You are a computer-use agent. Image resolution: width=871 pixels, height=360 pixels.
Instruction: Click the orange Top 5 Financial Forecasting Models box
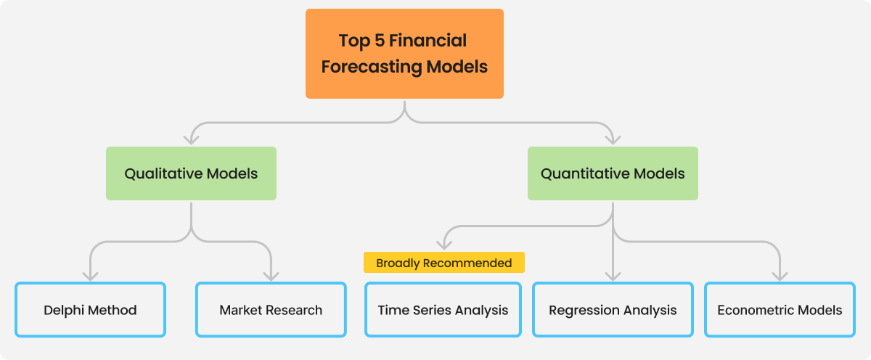pos(404,54)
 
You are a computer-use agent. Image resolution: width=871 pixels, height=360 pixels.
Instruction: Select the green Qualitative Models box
pos(191,173)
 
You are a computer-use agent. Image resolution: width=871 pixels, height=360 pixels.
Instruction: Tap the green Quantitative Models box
pos(613,173)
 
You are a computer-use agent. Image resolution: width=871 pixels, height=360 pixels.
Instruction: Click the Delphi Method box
pos(90,310)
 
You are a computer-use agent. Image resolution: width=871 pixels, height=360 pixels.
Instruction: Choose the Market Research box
pos(271,310)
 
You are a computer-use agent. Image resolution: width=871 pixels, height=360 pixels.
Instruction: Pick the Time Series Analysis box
pos(443,310)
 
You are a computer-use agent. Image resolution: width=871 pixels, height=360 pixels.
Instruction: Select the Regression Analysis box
pos(613,310)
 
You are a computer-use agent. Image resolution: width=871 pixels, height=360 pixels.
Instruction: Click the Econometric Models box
pos(780,310)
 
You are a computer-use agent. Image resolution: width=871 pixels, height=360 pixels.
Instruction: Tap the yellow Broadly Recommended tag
pos(443,263)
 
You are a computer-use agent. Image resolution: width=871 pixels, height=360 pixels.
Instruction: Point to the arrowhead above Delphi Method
pos(90,276)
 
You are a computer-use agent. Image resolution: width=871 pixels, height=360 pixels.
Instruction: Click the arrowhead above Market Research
pos(271,276)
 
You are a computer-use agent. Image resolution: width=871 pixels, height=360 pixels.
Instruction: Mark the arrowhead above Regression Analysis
pos(613,276)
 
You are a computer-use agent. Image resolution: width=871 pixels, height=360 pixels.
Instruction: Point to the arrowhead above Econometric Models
pos(780,276)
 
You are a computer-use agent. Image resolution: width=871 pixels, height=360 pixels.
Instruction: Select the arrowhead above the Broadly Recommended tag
pos(443,245)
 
